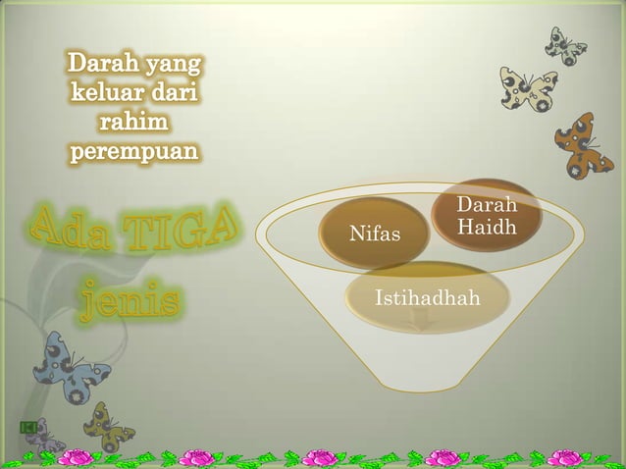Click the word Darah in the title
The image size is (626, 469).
click(103, 66)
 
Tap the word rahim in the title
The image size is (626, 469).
click(134, 124)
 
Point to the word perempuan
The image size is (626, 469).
click(134, 152)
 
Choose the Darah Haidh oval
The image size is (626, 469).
click(487, 215)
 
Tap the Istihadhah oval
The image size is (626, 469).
click(427, 297)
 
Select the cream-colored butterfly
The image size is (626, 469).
click(527, 89)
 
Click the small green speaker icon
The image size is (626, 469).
click(26, 426)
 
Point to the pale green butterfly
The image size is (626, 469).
click(566, 44)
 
